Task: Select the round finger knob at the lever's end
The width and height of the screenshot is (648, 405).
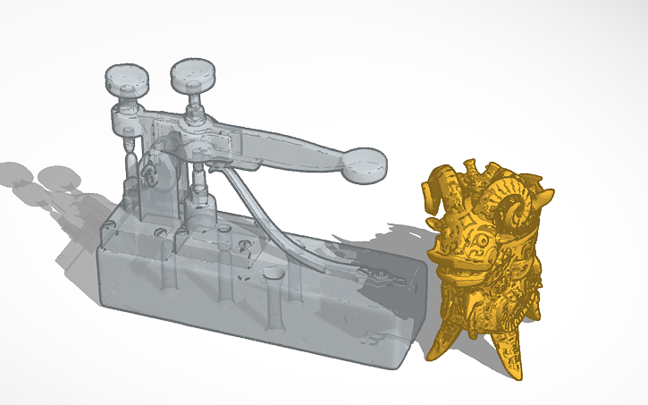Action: click(x=366, y=165)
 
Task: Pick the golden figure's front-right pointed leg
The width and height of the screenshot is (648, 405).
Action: click(x=510, y=353)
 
